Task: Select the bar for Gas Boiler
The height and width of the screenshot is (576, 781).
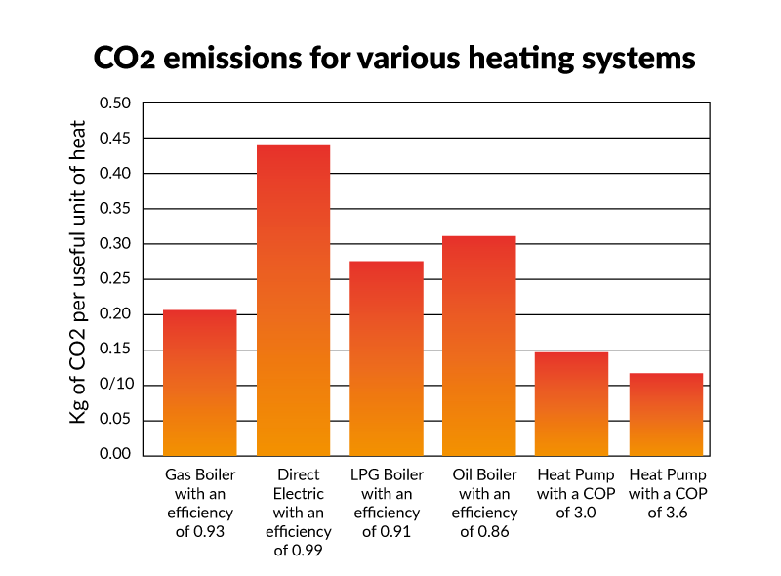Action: tap(200, 383)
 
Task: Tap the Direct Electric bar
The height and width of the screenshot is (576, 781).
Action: tap(293, 301)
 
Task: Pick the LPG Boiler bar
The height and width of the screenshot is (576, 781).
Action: tap(387, 358)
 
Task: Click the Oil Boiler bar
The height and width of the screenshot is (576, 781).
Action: tap(479, 346)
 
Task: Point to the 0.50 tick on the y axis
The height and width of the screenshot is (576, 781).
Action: tap(116, 103)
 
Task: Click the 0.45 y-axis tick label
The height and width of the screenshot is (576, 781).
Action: tap(116, 139)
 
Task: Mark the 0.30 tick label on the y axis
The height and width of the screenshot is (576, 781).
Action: tap(116, 244)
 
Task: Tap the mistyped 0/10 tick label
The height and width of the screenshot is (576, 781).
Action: tap(116, 385)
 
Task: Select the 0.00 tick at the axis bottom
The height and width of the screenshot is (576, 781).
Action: tap(116, 455)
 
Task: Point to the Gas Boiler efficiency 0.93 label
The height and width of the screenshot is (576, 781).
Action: tap(200, 503)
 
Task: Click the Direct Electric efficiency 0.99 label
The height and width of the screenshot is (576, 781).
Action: tap(293, 513)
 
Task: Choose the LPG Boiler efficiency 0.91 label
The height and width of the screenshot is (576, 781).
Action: tap(387, 503)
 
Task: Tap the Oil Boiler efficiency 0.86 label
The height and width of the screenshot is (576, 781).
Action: tap(479, 503)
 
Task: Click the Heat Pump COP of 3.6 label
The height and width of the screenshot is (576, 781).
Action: tap(666, 493)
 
